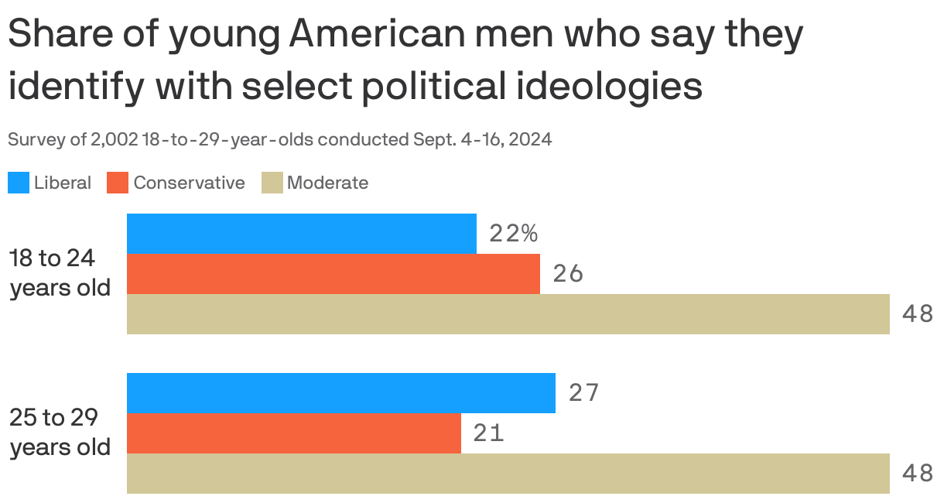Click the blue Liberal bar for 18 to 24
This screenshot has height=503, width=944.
click(302, 234)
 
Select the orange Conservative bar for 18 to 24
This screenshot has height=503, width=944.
click(333, 274)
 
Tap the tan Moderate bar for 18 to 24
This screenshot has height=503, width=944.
click(508, 314)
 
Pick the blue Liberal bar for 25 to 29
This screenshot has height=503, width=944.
click(341, 393)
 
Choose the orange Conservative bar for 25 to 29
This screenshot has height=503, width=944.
click(294, 433)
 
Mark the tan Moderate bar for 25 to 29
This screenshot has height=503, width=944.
click(508, 474)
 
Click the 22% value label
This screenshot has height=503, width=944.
click(513, 234)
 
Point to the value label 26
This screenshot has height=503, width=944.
click(568, 274)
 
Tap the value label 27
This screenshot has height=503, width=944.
click(583, 393)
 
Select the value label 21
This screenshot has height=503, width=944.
click(489, 433)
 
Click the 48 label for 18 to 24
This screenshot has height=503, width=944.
click(918, 314)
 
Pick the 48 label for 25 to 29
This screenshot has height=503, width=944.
click(918, 474)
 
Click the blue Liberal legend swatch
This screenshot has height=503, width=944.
click(19, 183)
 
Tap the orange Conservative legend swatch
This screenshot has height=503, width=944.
click(118, 183)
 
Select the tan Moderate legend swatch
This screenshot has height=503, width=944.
click(272, 183)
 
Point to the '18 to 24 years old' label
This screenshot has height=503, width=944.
click(60, 272)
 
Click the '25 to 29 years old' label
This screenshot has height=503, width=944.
click(60, 432)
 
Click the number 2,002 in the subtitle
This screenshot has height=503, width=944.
click(115, 140)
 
